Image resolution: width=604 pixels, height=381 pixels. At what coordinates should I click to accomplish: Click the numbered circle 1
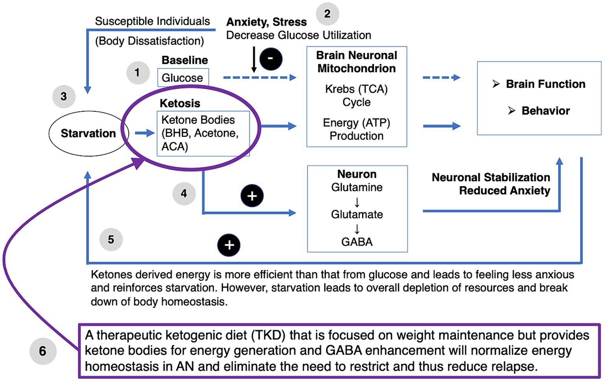[x=137, y=73]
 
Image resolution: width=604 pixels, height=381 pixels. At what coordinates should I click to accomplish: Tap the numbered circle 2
[x=327, y=14]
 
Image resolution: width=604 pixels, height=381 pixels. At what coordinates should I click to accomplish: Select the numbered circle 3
[x=64, y=97]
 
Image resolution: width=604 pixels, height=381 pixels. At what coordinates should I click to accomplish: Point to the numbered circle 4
[x=184, y=193]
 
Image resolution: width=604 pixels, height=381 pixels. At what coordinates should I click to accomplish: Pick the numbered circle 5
[x=111, y=239]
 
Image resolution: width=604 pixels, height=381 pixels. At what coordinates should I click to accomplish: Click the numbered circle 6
[x=43, y=351]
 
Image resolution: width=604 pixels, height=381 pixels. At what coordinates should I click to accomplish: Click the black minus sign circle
[x=271, y=59]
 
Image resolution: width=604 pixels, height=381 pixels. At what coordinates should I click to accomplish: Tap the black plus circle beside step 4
[x=252, y=196]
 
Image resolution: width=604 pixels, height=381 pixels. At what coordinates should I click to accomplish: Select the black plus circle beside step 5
[x=229, y=245]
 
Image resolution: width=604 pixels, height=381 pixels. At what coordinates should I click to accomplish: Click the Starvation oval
[x=88, y=133]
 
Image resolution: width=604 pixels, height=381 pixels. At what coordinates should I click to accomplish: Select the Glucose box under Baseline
[x=183, y=78]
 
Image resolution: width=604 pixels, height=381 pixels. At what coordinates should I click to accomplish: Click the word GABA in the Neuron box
[x=356, y=241]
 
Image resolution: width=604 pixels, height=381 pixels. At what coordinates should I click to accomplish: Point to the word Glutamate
[x=356, y=214]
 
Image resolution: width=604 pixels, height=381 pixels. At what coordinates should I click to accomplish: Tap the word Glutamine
[x=356, y=187]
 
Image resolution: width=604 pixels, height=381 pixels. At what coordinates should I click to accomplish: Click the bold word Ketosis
[x=180, y=103]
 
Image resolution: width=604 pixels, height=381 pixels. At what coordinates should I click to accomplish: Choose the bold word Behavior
[x=545, y=111]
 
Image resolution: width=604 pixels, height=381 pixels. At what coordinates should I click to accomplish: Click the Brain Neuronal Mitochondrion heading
[x=356, y=62]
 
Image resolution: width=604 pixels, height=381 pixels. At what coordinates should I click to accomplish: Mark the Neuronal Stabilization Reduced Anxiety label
[x=491, y=184]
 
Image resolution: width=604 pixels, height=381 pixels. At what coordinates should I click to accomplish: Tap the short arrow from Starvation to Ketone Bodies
[x=144, y=133]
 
